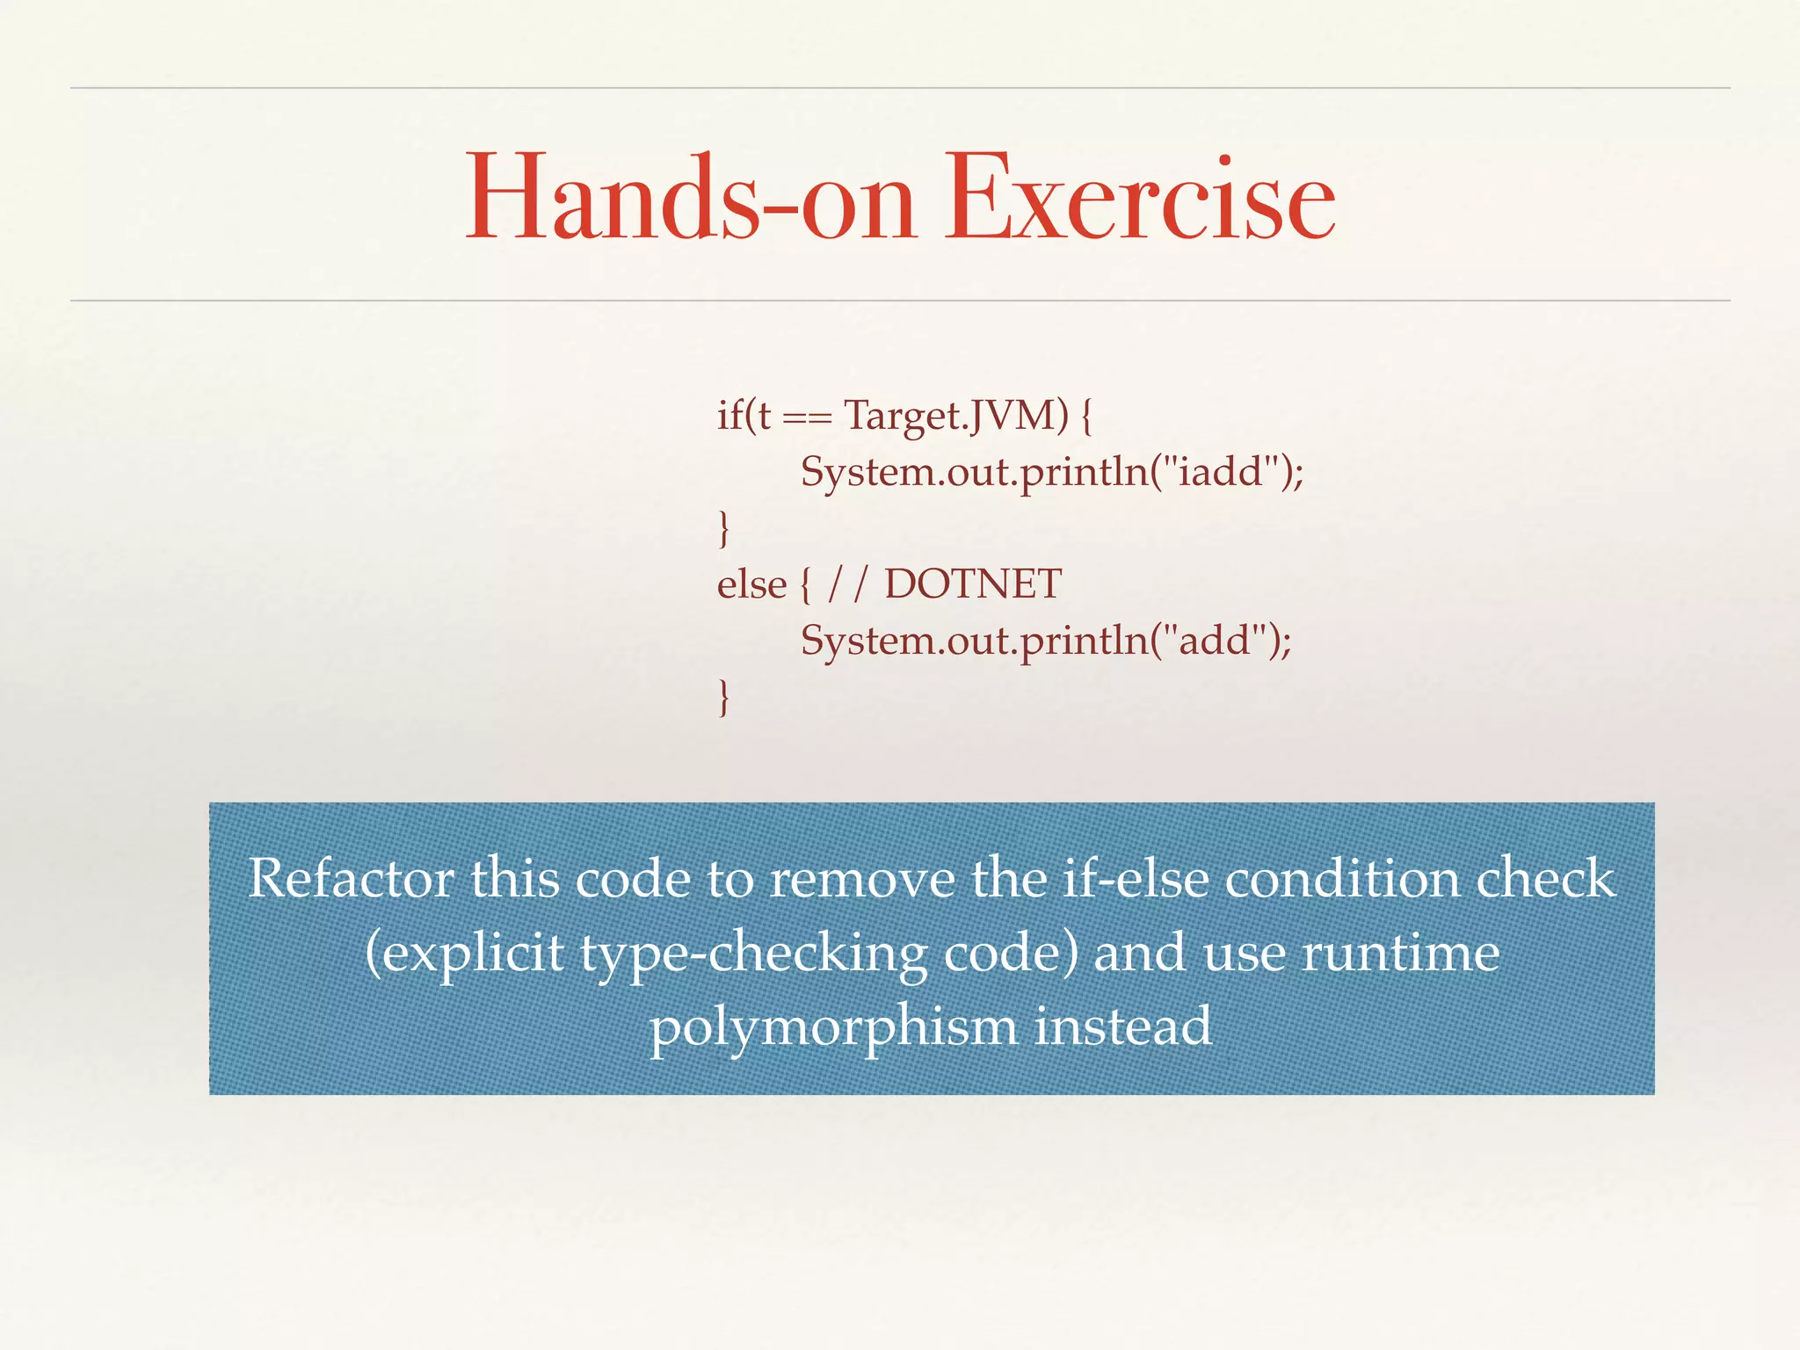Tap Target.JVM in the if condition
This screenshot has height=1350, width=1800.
click(x=956, y=414)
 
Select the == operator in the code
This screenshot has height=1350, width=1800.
click(x=806, y=417)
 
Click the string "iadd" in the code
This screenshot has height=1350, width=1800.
click(x=1225, y=472)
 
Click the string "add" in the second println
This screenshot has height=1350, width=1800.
click(x=1218, y=640)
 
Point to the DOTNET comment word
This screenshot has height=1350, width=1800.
click(x=973, y=584)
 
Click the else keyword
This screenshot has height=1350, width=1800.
click(x=751, y=584)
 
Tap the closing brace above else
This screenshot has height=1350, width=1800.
click(x=723, y=529)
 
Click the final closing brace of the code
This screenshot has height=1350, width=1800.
click(x=723, y=697)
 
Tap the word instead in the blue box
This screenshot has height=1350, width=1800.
click(x=1123, y=1026)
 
